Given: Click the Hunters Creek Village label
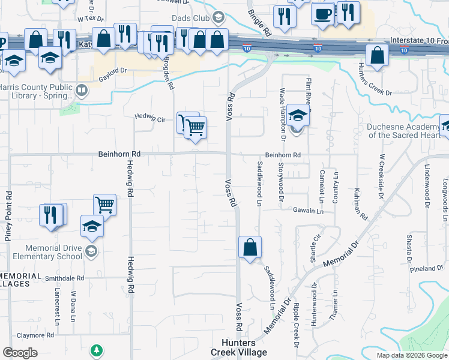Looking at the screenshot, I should (x=239, y=347).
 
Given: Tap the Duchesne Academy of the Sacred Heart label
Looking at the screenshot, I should (x=403, y=131).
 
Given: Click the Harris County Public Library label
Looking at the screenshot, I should (x=37, y=91).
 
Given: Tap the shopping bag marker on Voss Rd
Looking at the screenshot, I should (x=250, y=247).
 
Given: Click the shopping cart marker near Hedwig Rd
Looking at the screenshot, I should (x=105, y=205).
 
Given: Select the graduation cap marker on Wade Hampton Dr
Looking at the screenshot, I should (x=297, y=115).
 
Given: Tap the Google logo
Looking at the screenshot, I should (x=20, y=353).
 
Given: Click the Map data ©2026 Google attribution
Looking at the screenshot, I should (x=412, y=355).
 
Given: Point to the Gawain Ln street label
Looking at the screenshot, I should (x=309, y=211).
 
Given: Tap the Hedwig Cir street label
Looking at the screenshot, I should (x=149, y=118).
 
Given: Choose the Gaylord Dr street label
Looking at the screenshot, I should (x=113, y=70).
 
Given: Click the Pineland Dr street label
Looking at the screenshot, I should (x=427, y=268).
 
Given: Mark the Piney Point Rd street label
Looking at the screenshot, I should (x=8, y=216).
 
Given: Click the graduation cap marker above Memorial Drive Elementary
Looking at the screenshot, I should (x=92, y=226).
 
